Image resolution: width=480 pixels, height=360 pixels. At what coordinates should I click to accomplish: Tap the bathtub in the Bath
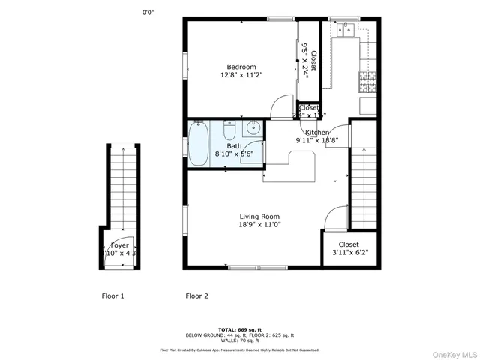(x=198, y=144)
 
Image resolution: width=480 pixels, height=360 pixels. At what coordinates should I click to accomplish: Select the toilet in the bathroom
(x=230, y=128)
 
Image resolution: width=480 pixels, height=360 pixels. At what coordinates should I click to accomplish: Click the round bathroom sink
(x=253, y=127)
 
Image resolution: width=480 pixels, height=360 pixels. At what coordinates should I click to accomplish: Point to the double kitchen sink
(x=346, y=30)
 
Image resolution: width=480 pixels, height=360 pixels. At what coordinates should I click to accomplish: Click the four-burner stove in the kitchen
(x=367, y=77)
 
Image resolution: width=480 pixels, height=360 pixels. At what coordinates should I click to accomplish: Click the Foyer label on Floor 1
(x=119, y=245)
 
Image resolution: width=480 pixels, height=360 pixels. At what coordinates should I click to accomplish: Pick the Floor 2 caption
(x=196, y=295)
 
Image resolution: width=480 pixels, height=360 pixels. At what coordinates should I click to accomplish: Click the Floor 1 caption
(x=112, y=295)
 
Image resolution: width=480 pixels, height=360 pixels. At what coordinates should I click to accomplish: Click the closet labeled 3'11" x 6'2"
(x=349, y=248)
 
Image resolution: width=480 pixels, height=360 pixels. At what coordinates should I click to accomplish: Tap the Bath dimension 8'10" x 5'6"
(x=234, y=154)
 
